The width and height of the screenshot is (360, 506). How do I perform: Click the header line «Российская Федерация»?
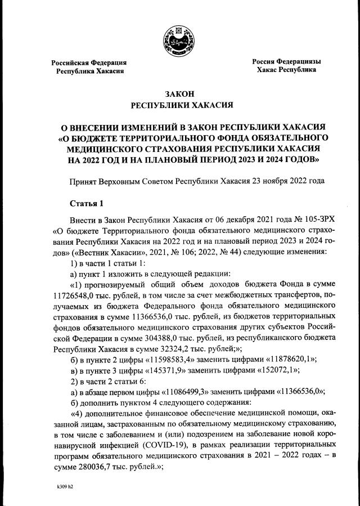(89, 62)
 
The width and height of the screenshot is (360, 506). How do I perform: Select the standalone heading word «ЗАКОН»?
(180, 93)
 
